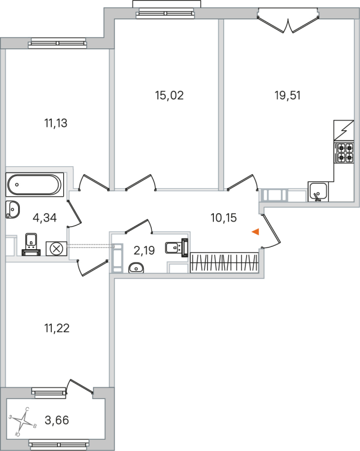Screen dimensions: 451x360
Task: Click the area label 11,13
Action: pos(55,123)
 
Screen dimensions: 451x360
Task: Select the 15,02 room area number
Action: pos(169,95)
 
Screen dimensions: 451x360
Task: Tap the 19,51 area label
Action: pos(287,95)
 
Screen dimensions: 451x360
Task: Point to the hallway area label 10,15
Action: pos(223,218)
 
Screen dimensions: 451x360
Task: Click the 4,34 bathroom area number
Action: pos(44,218)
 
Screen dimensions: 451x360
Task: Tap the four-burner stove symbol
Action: pos(344,153)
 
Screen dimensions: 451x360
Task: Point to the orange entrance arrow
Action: pos(256,232)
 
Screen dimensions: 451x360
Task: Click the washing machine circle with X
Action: pos(58,248)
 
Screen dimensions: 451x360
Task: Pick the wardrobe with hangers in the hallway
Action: pos(225,263)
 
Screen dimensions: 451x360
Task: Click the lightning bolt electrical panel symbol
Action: pos(344,131)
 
